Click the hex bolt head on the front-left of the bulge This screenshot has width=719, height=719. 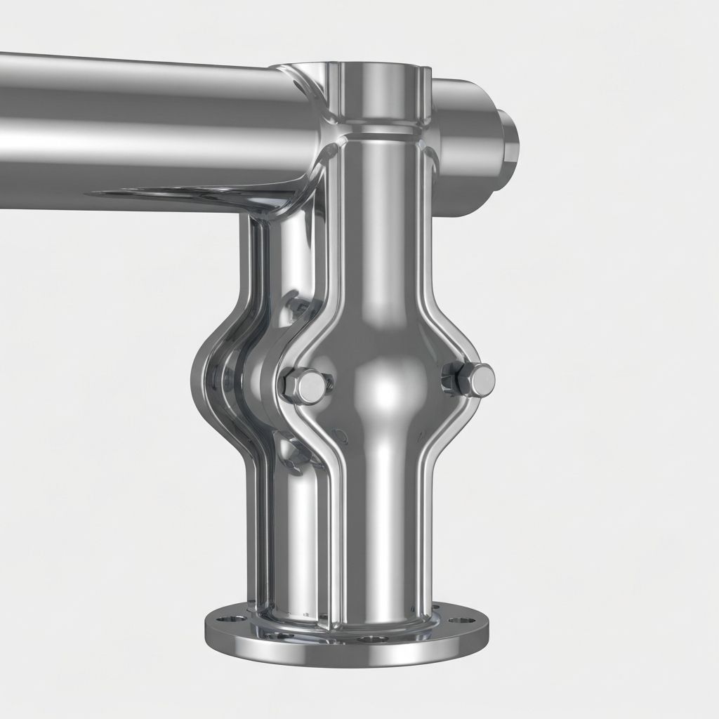tap(305, 384)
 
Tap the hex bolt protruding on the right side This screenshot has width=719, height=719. tap(472, 380)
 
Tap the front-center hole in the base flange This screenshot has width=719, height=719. tap(372, 640)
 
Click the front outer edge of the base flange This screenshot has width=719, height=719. tap(351, 657)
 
